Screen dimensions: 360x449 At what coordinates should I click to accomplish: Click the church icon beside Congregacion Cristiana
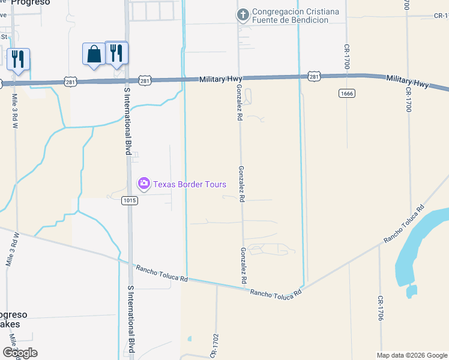[x=243, y=16]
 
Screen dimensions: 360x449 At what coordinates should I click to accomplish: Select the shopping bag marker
[x=94, y=54]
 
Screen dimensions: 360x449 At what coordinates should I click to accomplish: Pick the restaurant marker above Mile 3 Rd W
[x=18, y=59]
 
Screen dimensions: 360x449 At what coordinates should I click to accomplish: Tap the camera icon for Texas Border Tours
[x=143, y=184]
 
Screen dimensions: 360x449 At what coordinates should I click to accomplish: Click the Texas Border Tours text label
[x=190, y=184]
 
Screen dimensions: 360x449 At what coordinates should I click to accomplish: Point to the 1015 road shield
[x=130, y=200]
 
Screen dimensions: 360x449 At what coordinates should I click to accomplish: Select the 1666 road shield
[x=346, y=92]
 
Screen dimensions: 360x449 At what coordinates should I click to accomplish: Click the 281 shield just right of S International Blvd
[x=145, y=80]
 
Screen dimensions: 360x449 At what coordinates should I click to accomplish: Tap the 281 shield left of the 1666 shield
[x=315, y=76]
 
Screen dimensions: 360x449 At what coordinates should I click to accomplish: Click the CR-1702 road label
[x=214, y=347]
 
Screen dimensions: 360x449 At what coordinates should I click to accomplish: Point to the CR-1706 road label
[x=380, y=309]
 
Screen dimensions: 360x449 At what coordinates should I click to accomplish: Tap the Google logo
[x=20, y=352]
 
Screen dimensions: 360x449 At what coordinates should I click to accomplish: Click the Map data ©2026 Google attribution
[x=411, y=355]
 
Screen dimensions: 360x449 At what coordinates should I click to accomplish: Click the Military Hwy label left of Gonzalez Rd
[x=221, y=79]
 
